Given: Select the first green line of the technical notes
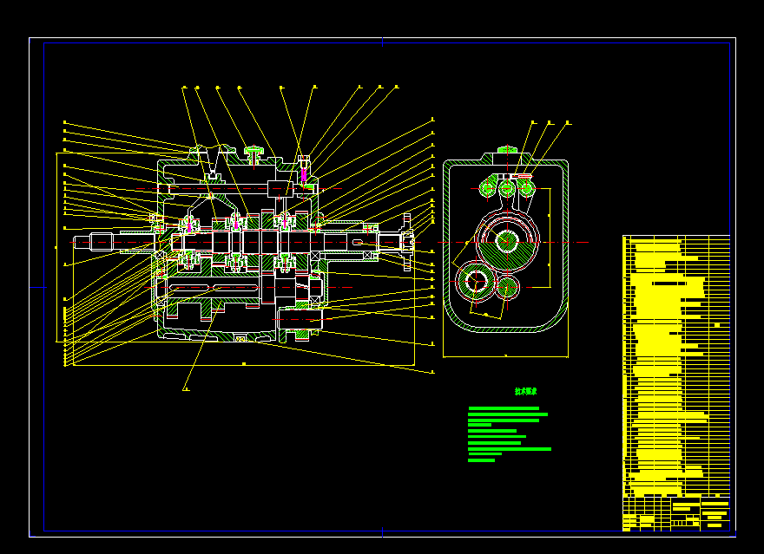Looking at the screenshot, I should click(x=504, y=407).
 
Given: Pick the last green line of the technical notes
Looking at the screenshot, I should click(x=481, y=460).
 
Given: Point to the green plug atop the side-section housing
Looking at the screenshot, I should click(x=254, y=154).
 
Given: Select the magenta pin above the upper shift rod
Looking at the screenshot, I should click(x=304, y=175).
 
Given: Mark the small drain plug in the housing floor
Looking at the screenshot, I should click(x=240, y=336).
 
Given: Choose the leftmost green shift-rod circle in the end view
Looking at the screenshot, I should click(x=487, y=187).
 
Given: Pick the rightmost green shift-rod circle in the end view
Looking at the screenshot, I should click(x=525, y=187).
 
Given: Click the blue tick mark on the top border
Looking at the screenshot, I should click(x=382, y=41).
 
